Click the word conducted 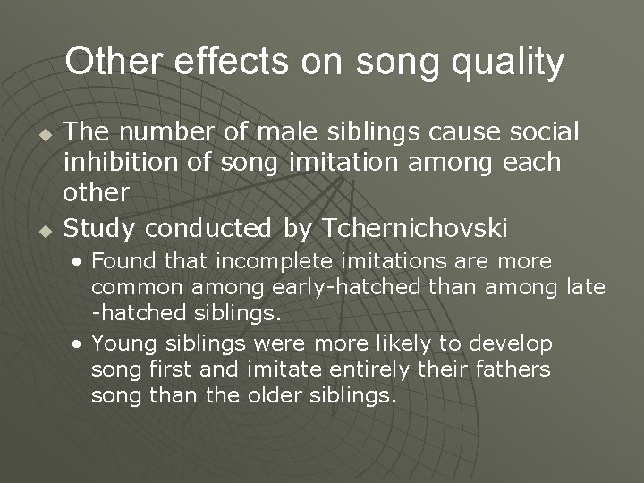(211, 229)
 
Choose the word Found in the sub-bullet (122, 261)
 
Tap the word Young (123, 343)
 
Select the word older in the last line (276, 395)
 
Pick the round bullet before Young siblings (80, 344)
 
